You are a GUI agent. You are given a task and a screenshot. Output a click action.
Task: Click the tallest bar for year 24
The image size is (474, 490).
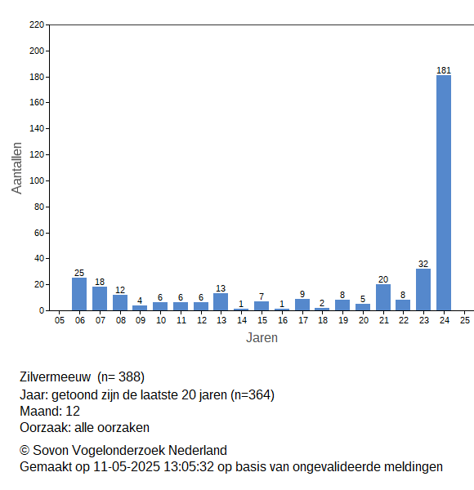click(444, 193)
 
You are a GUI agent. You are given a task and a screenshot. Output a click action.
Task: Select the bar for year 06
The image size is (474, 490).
click(79, 294)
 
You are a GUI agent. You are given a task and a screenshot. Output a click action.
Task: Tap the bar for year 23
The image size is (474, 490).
click(423, 289)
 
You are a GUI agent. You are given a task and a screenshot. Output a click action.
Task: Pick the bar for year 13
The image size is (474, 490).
click(221, 302)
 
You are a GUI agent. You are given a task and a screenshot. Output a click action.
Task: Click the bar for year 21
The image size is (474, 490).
click(383, 297)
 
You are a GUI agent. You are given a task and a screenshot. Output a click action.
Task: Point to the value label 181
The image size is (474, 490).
click(444, 70)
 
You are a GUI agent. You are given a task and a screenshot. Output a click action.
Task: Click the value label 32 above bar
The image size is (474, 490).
click(423, 264)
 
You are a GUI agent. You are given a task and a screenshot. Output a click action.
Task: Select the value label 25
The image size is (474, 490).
click(79, 273)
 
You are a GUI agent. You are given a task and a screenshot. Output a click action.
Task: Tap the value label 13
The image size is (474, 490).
click(221, 288)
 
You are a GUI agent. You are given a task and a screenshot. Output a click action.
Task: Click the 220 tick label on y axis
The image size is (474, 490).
click(37, 24)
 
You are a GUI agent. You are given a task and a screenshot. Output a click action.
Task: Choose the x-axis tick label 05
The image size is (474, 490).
click(60, 320)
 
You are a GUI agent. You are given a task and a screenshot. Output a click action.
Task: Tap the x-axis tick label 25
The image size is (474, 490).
click(465, 320)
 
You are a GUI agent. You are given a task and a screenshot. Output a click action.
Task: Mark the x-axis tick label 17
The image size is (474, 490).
click(302, 320)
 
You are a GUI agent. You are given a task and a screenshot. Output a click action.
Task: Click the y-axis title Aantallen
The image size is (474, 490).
click(17, 168)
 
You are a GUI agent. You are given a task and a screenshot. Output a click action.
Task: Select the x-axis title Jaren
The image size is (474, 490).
click(262, 338)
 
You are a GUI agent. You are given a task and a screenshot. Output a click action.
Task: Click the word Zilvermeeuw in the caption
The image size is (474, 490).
click(56, 376)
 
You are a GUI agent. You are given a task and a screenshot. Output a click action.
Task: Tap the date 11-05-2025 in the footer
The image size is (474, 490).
click(127, 467)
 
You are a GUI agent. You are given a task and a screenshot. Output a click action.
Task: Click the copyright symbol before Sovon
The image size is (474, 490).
click(25, 451)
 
